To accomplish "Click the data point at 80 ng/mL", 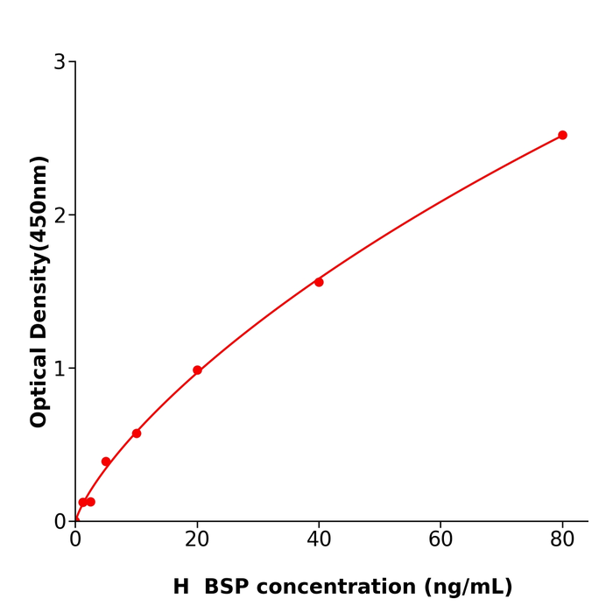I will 562,135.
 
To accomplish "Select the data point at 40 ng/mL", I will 319,282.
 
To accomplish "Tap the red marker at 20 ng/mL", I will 197,370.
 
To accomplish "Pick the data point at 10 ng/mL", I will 137,433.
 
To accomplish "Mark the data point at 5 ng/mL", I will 106,462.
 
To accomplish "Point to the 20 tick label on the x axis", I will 197,540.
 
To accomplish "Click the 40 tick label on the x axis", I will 319,540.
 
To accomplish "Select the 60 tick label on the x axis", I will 440,540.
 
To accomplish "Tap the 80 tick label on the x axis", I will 562,540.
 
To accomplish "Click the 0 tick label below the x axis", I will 75,540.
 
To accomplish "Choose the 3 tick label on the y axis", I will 60,62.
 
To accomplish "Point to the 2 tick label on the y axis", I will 60,215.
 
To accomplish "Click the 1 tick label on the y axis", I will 60,369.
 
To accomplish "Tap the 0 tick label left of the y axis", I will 60,522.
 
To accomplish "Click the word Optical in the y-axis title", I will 39,387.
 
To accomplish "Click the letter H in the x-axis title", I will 180,588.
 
